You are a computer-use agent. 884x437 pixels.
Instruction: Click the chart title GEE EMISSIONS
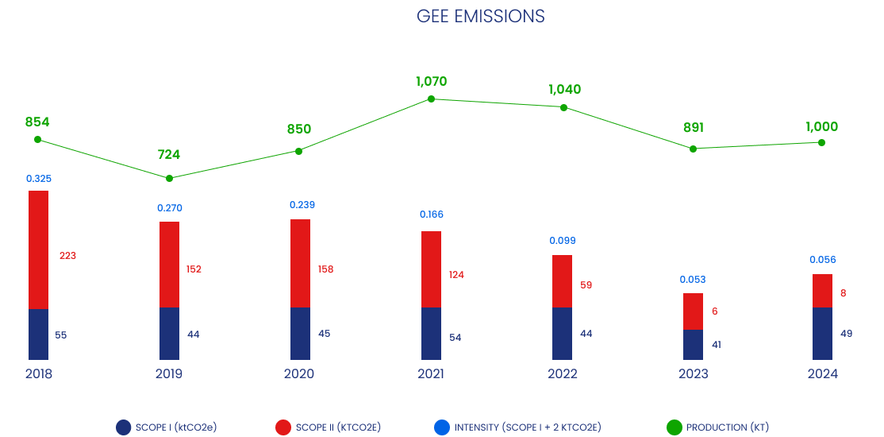click(x=481, y=17)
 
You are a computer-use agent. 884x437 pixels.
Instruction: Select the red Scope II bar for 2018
click(x=38, y=249)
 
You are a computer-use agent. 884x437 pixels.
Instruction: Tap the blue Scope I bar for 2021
click(x=431, y=334)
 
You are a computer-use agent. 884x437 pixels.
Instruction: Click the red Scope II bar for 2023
click(x=693, y=311)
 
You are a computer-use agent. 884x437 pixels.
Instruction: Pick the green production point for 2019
click(x=169, y=178)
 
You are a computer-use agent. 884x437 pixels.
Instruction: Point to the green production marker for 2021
click(x=431, y=99)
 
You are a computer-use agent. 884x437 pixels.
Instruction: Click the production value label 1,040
click(x=564, y=89)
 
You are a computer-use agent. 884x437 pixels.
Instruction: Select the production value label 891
click(x=693, y=128)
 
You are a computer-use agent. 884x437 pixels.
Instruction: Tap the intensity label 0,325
click(x=39, y=179)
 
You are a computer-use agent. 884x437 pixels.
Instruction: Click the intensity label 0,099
click(x=563, y=241)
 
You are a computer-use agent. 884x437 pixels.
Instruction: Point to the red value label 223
click(x=67, y=256)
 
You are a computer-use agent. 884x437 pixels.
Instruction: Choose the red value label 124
click(x=456, y=275)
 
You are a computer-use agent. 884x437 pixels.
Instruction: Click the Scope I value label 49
click(x=846, y=334)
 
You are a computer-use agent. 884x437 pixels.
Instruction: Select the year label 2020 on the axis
click(x=299, y=373)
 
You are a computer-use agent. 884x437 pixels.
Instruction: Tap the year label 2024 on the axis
click(x=822, y=373)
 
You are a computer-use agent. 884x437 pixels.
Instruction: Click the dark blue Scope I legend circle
click(x=123, y=427)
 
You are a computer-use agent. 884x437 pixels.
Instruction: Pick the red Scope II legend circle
click(x=283, y=427)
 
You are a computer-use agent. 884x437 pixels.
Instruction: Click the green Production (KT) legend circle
click(x=674, y=427)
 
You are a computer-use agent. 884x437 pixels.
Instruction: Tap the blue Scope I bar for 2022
click(x=562, y=334)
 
